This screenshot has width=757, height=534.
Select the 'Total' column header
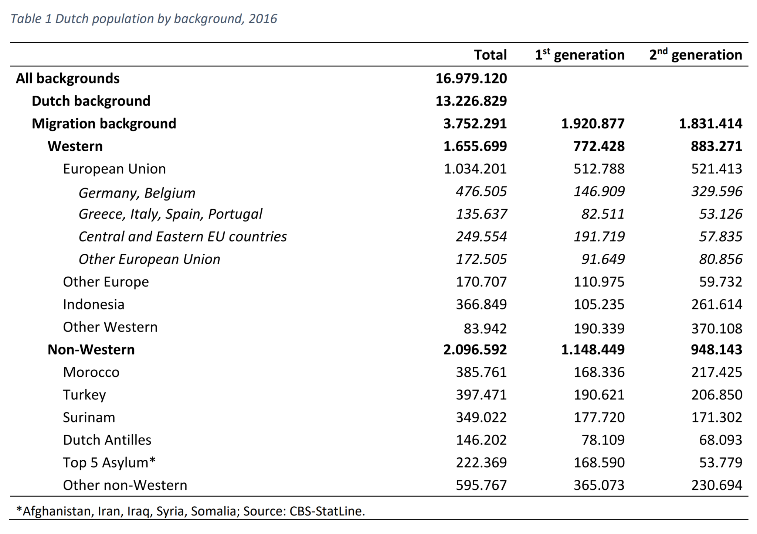490,55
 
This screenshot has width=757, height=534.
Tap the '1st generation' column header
580,55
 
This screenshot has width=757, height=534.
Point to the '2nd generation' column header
695,55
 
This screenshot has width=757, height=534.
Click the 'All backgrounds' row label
68,78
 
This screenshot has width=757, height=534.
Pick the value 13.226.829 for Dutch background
471,101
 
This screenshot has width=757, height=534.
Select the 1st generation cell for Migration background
593,123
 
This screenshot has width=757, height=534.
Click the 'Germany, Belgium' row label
137,193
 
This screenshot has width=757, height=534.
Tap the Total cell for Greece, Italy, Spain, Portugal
481,214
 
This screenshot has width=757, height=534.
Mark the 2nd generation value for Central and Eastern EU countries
720,236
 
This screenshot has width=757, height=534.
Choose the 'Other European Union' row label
149,259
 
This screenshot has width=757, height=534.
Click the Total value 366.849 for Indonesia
481,304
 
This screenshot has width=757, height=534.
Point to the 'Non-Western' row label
91,349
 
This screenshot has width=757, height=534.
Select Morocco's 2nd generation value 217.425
716,372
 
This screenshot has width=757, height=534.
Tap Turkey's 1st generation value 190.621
599,395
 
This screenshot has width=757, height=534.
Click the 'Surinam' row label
89,417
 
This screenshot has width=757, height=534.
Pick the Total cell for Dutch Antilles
481,440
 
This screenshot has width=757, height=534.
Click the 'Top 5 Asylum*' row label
109,462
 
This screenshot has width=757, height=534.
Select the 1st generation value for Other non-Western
599,485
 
